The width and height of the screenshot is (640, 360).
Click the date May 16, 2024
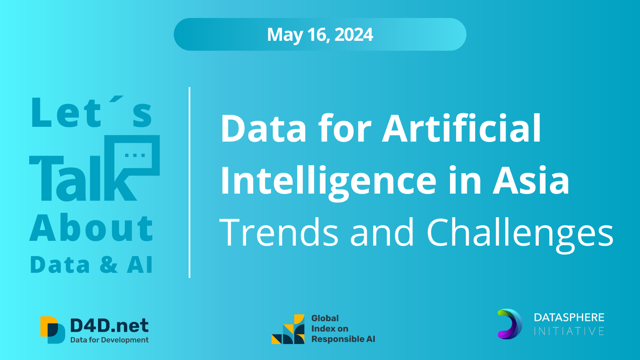coord(320,35)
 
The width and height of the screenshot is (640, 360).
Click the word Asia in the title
coord(531,180)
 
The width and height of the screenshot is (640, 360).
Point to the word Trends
coord(279,232)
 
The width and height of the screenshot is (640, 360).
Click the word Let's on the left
coord(92,112)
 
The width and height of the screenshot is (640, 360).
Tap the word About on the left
coord(92,228)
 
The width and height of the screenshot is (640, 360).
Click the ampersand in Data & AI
coord(108,265)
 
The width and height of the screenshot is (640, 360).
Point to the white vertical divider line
coord(190,182)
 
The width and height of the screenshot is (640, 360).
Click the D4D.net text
coord(109,326)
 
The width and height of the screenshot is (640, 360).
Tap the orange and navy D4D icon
coord(52,330)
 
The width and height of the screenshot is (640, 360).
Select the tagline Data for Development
coord(110,340)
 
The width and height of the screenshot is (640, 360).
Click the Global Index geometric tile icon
coord(288,329)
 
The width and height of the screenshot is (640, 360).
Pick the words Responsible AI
coord(343,339)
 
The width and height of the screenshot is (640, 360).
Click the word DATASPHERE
coord(569,318)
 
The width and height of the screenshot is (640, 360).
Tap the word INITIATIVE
coord(569,331)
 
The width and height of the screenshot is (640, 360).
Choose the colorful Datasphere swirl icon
coord(510,324)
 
